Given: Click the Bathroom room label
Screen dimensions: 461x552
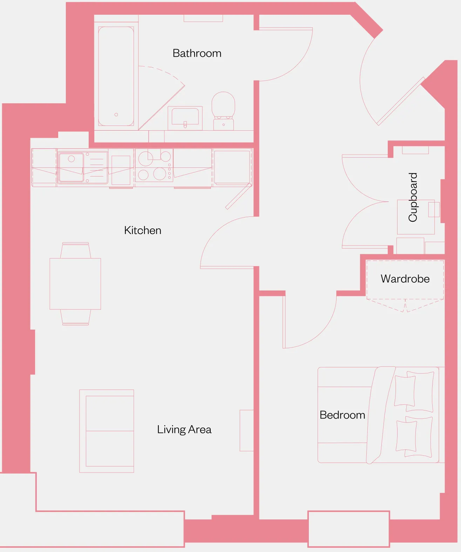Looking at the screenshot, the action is pyautogui.click(x=197, y=53).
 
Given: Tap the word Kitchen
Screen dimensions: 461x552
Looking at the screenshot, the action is pyautogui.click(x=143, y=230).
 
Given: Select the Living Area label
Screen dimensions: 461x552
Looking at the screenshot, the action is pyautogui.click(x=184, y=430).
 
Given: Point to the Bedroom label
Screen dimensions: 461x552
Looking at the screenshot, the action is pyautogui.click(x=342, y=415).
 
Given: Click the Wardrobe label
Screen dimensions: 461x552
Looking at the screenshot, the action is pyautogui.click(x=405, y=279).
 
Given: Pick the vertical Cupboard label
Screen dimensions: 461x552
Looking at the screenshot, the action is pyautogui.click(x=413, y=197).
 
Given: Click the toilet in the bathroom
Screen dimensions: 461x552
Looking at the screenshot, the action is pyautogui.click(x=223, y=111).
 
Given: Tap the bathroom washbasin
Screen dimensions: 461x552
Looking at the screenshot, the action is pyautogui.click(x=185, y=118).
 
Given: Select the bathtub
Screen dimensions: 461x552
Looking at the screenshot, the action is pyautogui.click(x=116, y=76).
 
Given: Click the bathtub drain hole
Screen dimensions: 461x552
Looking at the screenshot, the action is pyautogui.click(x=116, y=115).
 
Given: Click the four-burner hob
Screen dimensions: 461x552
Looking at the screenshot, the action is pyautogui.click(x=154, y=165).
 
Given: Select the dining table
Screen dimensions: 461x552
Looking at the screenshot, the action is pyautogui.click(x=75, y=284).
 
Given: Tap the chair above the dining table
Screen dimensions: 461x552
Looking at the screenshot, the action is pyautogui.click(x=75, y=250).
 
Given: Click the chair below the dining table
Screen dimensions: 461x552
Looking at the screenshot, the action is pyautogui.click(x=75, y=317).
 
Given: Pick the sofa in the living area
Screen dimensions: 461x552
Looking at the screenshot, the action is pyautogui.click(x=107, y=431).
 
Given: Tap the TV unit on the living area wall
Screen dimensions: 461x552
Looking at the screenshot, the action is pyautogui.click(x=247, y=430).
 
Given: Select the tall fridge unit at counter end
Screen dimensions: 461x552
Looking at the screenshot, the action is pyautogui.click(x=232, y=167).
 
